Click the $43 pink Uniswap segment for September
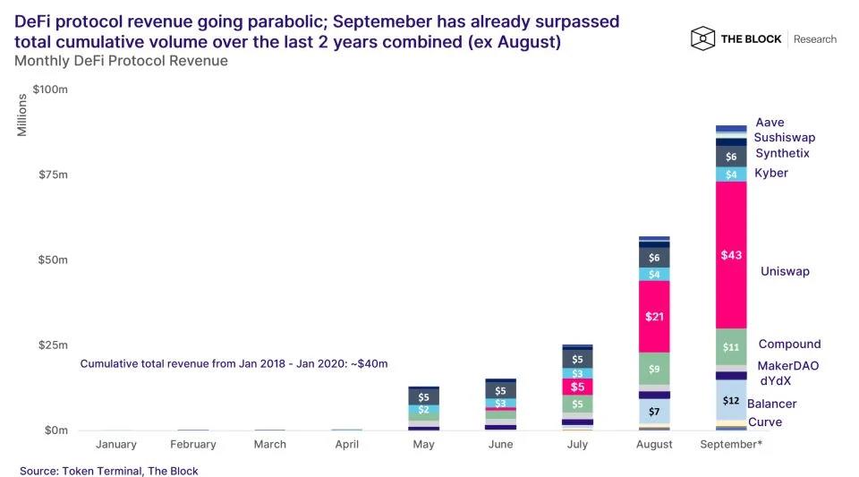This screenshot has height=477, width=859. click(x=731, y=255)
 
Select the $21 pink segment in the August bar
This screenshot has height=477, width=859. click(x=655, y=316)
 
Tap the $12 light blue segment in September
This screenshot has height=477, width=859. click(x=731, y=400)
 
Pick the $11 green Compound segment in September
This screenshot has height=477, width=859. click(x=731, y=346)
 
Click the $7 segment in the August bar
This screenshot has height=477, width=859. click(x=655, y=411)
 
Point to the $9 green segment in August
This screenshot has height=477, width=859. click(x=655, y=368)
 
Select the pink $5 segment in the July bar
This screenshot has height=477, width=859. click(x=577, y=387)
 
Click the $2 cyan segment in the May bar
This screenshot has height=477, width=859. click(x=423, y=410)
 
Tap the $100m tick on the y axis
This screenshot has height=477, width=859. click(x=50, y=89)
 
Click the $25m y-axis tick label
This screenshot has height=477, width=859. click(x=50, y=345)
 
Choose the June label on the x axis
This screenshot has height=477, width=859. click(x=500, y=445)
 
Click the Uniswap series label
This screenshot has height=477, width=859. click(x=785, y=271)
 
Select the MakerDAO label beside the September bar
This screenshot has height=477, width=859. click(x=787, y=366)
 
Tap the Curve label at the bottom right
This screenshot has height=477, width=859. click(x=765, y=422)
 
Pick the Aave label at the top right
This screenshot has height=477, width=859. click(x=770, y=123)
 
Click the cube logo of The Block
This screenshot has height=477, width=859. click(x=702, y=38)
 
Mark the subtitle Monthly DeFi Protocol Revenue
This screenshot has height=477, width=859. click(x=121, y=61)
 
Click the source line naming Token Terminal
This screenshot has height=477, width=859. click(x=109, y=471)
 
